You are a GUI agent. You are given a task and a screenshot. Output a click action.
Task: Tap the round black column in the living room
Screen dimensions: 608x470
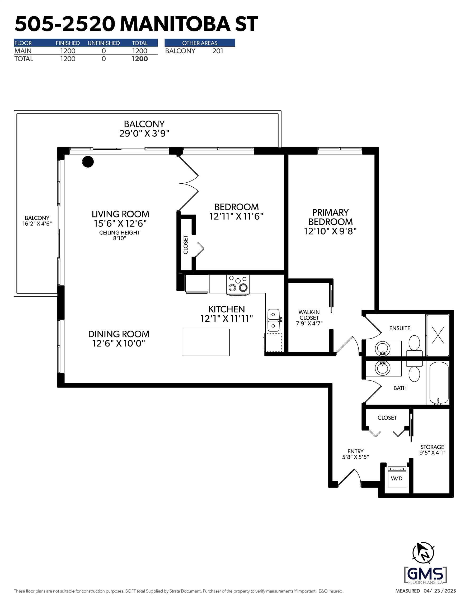click(x=88, y=162)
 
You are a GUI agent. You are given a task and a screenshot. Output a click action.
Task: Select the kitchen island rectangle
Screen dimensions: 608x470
click(x=206, y=343)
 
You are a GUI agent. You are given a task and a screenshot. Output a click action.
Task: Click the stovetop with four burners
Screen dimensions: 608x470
click(x=238, y=284)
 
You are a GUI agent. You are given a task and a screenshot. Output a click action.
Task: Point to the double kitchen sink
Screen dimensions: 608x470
click(x=273, y=320)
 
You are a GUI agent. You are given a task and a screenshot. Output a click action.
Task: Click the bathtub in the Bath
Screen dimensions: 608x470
click(x=439, y=383)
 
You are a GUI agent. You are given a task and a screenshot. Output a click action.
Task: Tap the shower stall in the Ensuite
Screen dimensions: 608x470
click(x=438, y=335)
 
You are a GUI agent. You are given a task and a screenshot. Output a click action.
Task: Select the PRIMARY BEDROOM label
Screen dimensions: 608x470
click(x=330, y=217)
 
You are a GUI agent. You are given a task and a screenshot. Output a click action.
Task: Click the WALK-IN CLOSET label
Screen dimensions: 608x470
click(x=309, y=315)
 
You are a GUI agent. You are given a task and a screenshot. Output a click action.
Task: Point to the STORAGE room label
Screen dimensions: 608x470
click(x=432, y=447)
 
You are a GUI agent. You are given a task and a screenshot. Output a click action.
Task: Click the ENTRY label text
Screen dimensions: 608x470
click(x=355, y=451)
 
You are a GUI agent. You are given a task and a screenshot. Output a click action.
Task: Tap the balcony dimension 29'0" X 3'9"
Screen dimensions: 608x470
click(x=144, y=134)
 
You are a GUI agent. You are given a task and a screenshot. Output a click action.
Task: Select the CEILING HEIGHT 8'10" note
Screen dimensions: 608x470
click(x=120, y=235)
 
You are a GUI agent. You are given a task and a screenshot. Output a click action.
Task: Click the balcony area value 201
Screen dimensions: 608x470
click(x=218, y=51)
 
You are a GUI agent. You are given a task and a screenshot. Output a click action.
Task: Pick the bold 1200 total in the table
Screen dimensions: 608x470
click(x=140, y=59)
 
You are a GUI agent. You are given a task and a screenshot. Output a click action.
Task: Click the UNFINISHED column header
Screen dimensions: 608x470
click(x=104, y=43)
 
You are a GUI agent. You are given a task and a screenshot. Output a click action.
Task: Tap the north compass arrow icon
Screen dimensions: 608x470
click(x=423, y=553)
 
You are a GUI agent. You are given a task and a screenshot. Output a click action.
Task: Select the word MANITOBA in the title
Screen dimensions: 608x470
click(x=175, y=24)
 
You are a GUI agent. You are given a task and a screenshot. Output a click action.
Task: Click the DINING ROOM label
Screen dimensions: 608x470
click(x=119, y=334)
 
